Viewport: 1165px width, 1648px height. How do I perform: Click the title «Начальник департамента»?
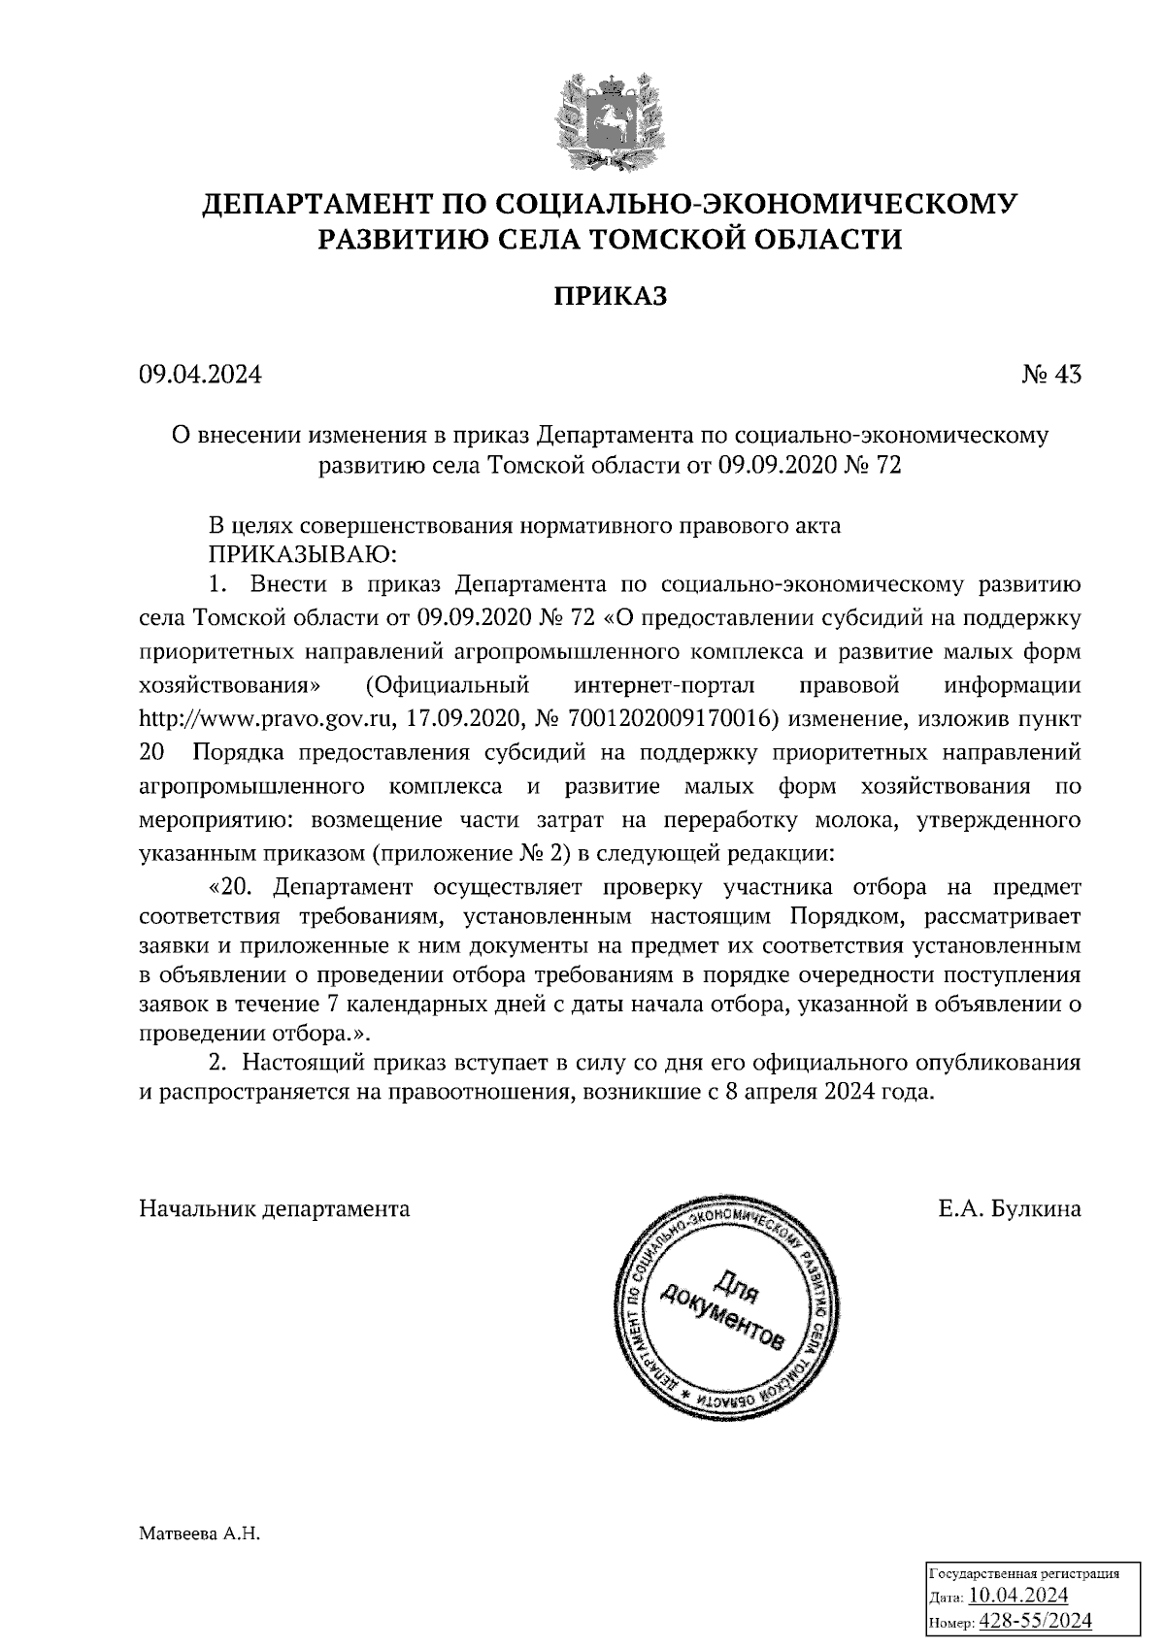[275, 1208]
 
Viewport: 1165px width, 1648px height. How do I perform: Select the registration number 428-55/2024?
[1035, 1620]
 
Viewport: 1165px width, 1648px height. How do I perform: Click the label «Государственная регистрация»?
[1025, 1573]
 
